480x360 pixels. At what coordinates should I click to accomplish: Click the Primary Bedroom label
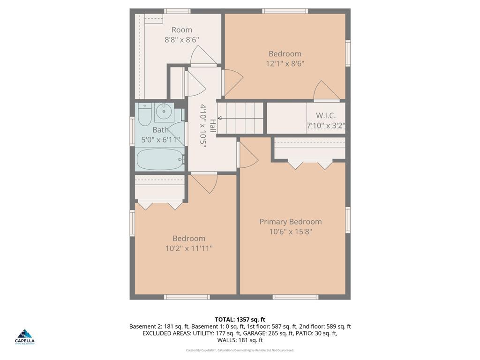point(291,222)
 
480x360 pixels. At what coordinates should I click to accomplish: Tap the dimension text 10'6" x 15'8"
point(291,232)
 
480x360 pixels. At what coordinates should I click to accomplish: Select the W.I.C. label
point(325,115)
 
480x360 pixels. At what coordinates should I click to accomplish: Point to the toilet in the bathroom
point(144,114)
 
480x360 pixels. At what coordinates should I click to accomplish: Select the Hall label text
point(212,125)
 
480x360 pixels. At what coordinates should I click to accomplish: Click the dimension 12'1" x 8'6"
point(285,64)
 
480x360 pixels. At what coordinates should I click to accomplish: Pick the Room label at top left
point(182,30)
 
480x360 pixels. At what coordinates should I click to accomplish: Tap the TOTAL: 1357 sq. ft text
point(240,319)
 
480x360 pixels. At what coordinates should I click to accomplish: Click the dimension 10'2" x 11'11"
point(189,248)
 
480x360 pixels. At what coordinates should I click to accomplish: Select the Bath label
point(160,130)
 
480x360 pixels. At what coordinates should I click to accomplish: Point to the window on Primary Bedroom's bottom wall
point(295,297)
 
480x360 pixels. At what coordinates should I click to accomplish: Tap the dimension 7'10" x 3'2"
point(326,126)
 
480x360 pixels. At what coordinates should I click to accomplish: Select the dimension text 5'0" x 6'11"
point(161,140)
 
